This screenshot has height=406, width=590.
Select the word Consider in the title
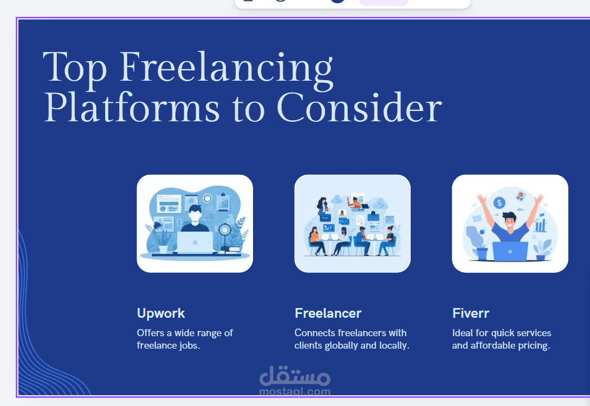359,108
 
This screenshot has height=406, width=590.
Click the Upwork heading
161,313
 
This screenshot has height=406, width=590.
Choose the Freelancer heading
328,313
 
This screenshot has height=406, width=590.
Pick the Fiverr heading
471,313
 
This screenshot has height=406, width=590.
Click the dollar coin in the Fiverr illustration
500,204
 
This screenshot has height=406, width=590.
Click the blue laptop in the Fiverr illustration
510,251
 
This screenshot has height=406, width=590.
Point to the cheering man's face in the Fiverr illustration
509,222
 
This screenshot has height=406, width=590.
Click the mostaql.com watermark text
295,392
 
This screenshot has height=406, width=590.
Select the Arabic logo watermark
295,376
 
